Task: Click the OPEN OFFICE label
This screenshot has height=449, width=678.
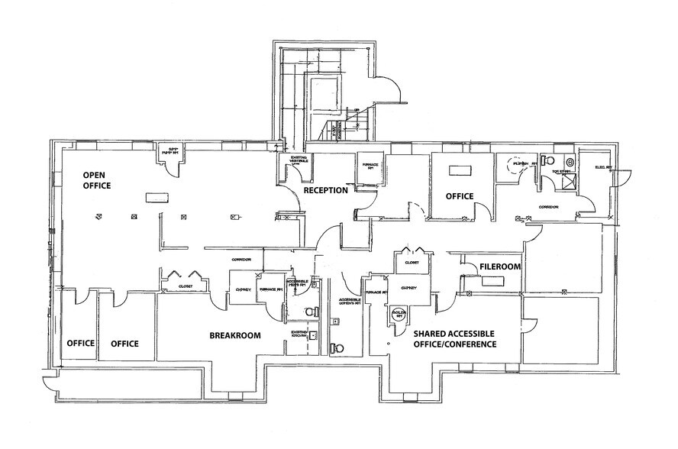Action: [97, 180]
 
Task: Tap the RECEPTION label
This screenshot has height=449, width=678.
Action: [326, 190]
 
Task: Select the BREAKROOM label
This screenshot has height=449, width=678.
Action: [235, 335]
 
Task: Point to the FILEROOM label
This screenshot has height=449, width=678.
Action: [500, 267]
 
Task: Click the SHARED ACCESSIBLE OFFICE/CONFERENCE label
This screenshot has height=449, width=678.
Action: [454, 339]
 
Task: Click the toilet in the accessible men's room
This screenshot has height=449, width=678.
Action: [309, 311]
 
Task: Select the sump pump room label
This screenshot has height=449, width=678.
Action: [167, 151]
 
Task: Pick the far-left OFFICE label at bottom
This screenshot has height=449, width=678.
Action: [79, 344]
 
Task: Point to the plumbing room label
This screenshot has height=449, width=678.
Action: [520, 163]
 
